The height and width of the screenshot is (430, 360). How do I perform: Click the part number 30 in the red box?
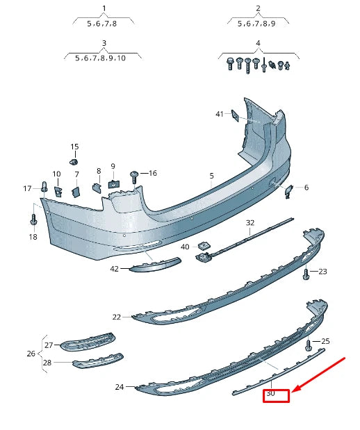tap(271, 394)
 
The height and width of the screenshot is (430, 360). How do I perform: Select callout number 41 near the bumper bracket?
tap(220, 114)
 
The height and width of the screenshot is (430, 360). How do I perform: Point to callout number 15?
tap(74, 147)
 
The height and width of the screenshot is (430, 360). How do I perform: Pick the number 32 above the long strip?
tap(250, 223)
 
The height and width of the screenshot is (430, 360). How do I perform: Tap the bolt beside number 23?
tap(306, 274)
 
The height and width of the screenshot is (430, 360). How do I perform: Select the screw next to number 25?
tap(309, 344)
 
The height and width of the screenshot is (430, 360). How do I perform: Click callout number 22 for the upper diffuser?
tap(116, 317)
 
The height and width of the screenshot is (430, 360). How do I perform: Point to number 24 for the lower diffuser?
tap(119, 387)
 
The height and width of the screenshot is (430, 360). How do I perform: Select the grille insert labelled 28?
tap(97, 361)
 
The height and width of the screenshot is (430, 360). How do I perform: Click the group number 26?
tap(31, 354)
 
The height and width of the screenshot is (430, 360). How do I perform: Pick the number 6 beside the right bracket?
tap(306, 188)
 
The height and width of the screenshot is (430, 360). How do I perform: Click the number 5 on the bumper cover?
tap(212, 176)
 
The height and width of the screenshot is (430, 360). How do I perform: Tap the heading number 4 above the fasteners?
tap(258, 44)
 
